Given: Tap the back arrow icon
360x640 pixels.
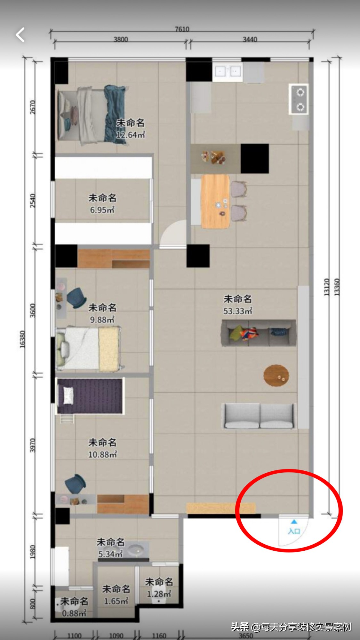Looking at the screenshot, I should click(20, 35).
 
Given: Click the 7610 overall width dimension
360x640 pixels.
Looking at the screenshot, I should click(182, 29).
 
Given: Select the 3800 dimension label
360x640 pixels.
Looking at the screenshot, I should click(121, 39).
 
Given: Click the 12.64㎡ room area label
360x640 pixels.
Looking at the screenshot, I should click(130, 134).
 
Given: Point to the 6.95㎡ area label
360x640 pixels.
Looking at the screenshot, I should click(102, 210).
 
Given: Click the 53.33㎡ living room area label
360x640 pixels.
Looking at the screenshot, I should click(238, 311).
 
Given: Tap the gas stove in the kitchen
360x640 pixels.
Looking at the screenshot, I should click(299, 100).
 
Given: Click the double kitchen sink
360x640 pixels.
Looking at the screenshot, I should click(228, 72).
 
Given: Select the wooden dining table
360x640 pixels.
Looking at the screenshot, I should click(215, 201).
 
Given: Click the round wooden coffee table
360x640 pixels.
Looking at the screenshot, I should click(276, 376).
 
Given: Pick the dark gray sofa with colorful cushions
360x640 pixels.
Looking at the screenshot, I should click(258, 333).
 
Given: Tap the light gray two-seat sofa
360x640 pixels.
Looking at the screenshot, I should click(258, 416).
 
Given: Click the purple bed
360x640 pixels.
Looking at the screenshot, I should click(90, 396).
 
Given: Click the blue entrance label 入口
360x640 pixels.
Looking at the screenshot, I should click(294, 531).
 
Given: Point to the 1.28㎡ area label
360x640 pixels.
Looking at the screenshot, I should click(159, 594).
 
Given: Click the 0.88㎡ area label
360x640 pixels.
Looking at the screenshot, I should click(74, 613).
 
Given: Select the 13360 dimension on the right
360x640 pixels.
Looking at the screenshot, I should click(337, 287).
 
